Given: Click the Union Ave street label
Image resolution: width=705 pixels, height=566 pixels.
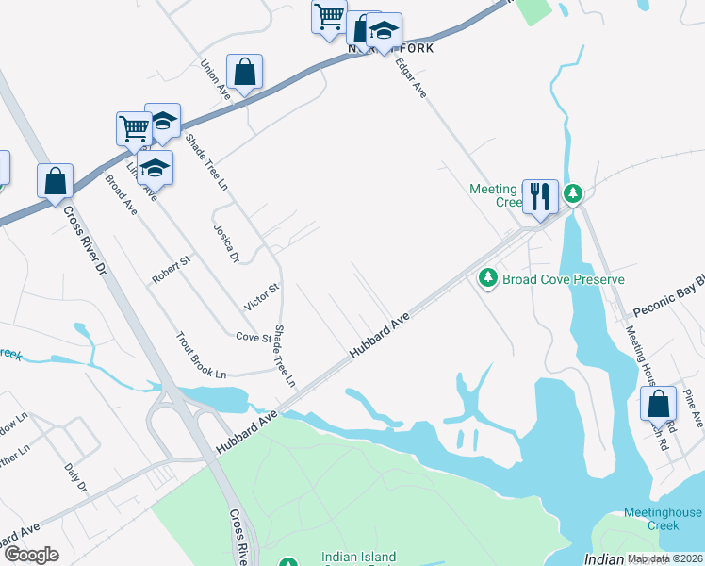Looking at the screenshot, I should click(216, 80).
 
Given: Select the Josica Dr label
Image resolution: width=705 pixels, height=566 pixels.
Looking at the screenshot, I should click(226, 242).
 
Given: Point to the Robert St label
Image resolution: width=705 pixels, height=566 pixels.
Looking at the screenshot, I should click(172, 270).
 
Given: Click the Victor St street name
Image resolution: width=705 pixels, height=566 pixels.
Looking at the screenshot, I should click(262, 297).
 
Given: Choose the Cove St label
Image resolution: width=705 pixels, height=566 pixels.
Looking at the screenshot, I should click(254, 337).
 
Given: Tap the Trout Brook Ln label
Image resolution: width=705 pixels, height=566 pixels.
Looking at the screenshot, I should click(202, 355).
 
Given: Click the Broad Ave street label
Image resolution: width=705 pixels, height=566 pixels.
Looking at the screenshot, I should click(121, 195).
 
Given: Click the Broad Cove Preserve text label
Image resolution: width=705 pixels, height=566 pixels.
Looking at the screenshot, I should click(564, 279).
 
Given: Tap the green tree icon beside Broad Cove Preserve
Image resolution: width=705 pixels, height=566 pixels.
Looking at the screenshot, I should click(488, 277).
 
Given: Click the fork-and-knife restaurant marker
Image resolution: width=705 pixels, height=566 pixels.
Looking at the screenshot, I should click(540, 197).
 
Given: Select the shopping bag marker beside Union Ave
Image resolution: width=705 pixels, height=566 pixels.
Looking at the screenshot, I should click(244, 72).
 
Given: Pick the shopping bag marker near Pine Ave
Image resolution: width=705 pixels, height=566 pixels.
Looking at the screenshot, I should click(658, 403).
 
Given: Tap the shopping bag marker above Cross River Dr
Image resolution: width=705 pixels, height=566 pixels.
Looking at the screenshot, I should click(55, 180).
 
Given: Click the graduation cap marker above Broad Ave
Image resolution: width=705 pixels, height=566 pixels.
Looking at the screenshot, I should click(155, 168).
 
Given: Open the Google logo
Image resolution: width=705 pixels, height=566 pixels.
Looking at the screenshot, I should click(31, 555).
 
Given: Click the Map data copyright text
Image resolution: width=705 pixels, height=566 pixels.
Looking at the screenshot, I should click(665, 558).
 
